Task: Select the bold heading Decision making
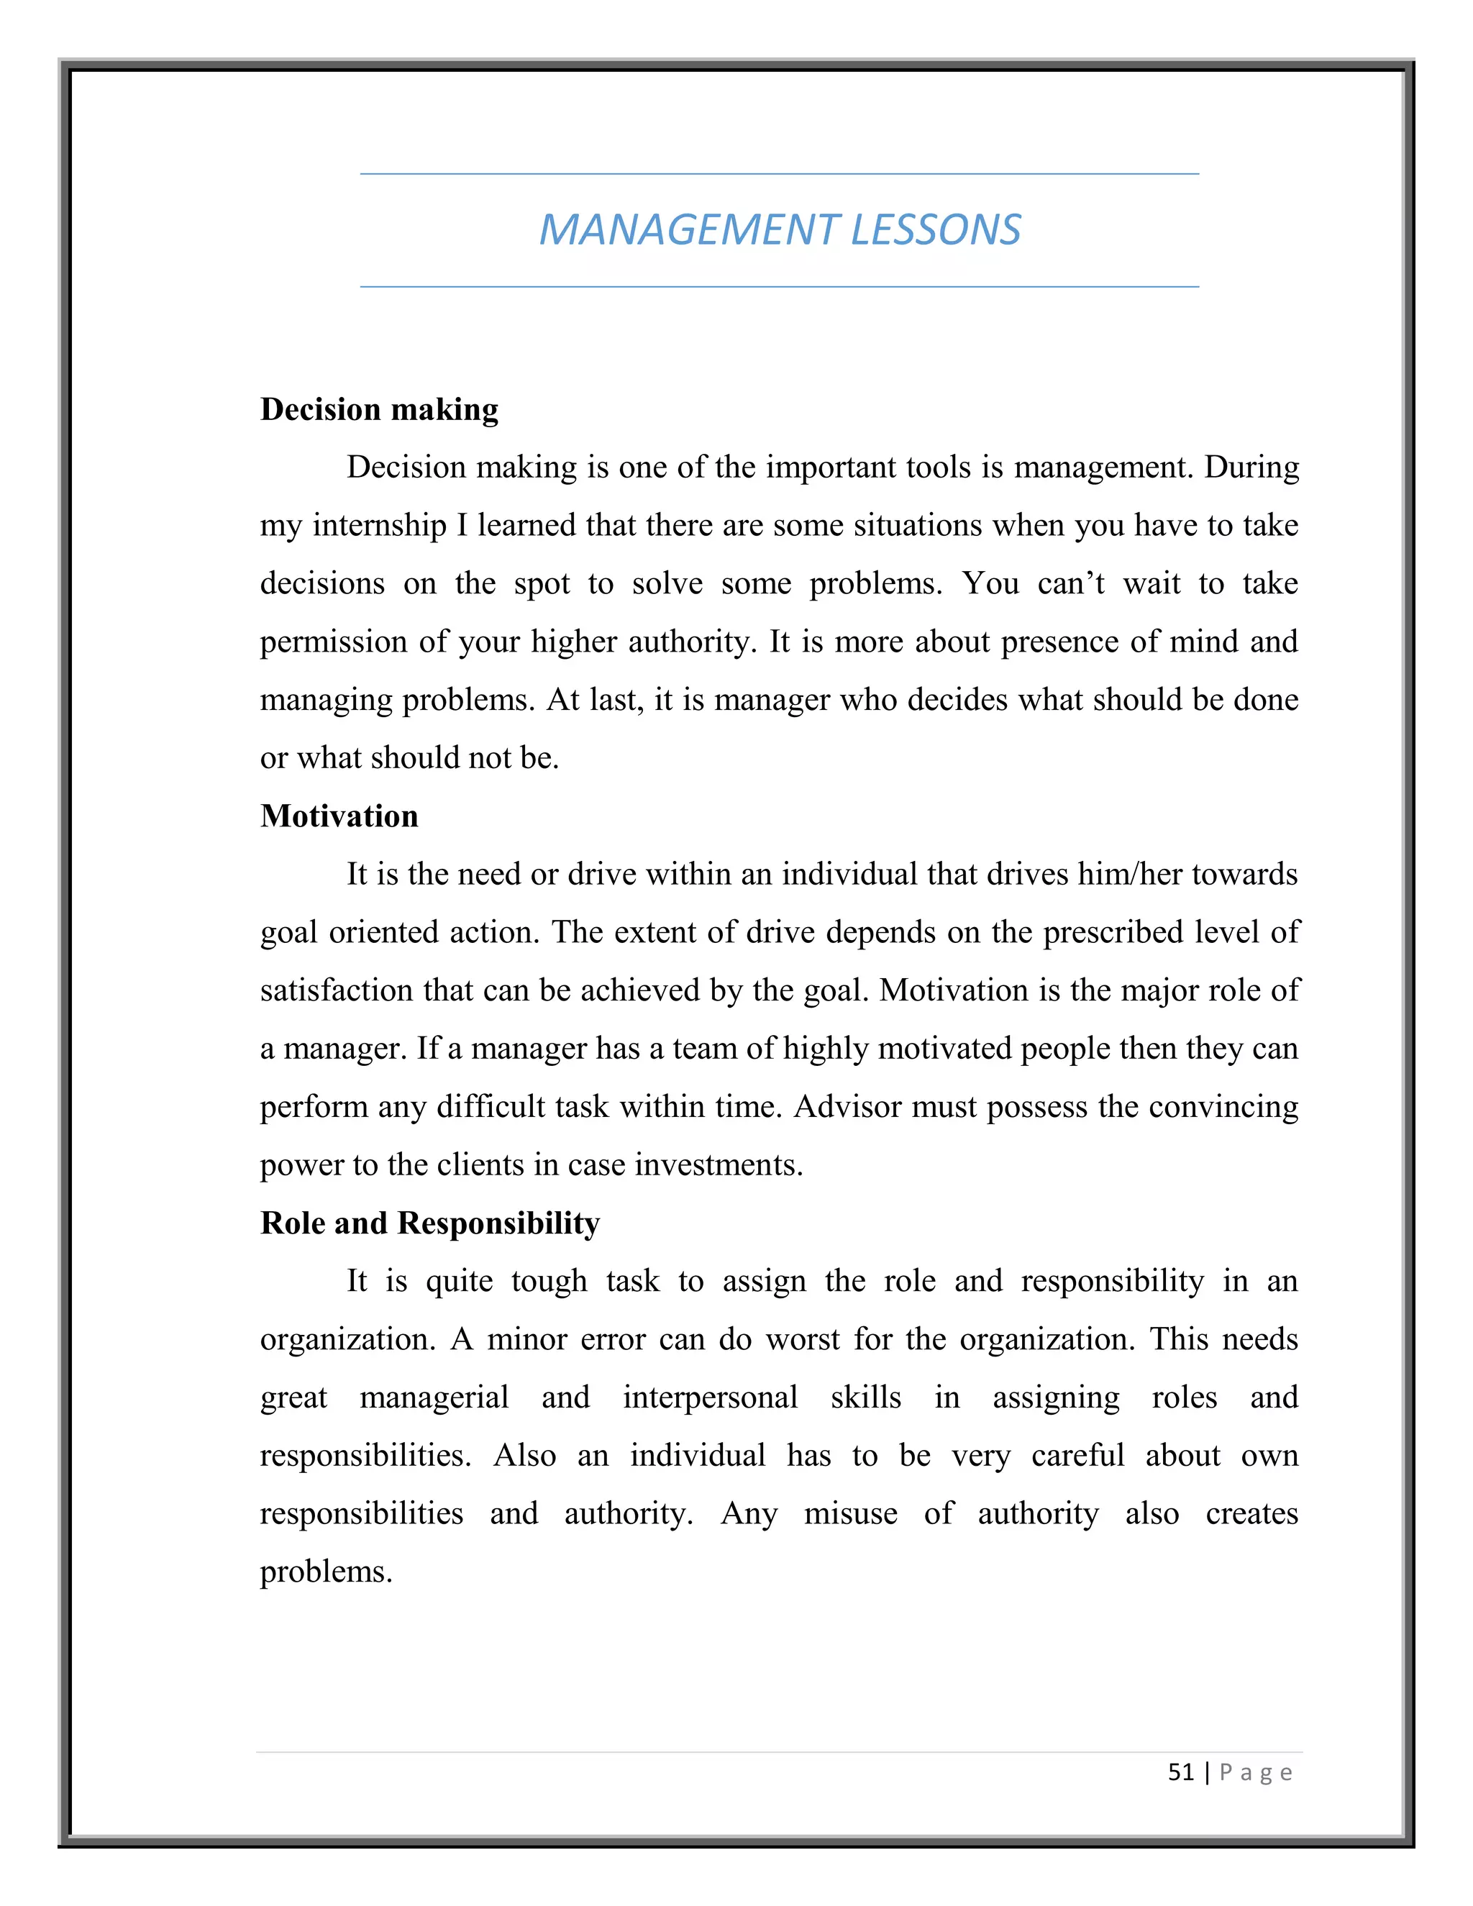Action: click(x=379, y=409)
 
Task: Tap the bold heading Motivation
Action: click(x=339, y=816)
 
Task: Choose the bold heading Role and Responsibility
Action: click(x=429, y=1223)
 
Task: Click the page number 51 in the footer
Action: click(x=1181, y=1772)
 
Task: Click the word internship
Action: click(x=380, y=525)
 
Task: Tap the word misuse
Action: click(x=850, y=1513)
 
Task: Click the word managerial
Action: click(x=434, y=1397)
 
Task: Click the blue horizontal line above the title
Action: click(x=779, y=173)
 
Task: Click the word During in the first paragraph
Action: click(x=1251, y=467)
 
